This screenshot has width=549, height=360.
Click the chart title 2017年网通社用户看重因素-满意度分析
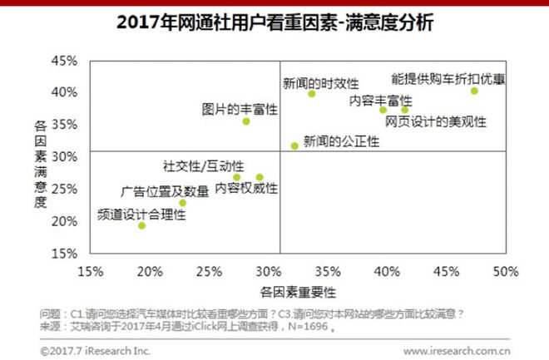point(274,23)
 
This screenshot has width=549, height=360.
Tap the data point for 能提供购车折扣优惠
point(474,91)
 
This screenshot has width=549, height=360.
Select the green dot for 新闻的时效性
point(312,94)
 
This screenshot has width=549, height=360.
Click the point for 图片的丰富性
point(246,121)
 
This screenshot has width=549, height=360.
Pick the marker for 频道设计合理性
point(141,225)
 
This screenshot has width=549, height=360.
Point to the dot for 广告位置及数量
point(183,203)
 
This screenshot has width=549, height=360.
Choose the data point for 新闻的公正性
point(294,145)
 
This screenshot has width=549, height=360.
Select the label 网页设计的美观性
point(435,121)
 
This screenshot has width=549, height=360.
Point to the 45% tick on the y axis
point(64,62)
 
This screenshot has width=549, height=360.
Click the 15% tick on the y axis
point(64,253)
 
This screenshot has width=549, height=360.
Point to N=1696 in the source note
point(308,328)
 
